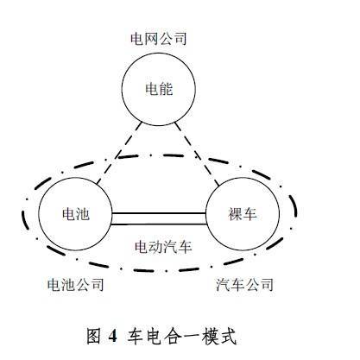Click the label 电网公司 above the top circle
[159, 39]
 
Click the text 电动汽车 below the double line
[163, 247]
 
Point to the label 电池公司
[76, 285]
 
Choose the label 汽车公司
[244, 285]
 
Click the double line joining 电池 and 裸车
[159, 218]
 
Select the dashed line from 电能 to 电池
[119, 154]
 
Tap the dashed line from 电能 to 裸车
[197, 154]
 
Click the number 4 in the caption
[113, 336]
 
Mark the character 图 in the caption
[94, 336]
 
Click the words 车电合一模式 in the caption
[182, 336]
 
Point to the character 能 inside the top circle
[166, 89]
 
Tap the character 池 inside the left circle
[83, 214]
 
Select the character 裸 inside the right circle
[236, 214]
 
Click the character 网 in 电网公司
[152, 39]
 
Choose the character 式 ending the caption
[228, 336]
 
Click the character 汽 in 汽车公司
[224, 285]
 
